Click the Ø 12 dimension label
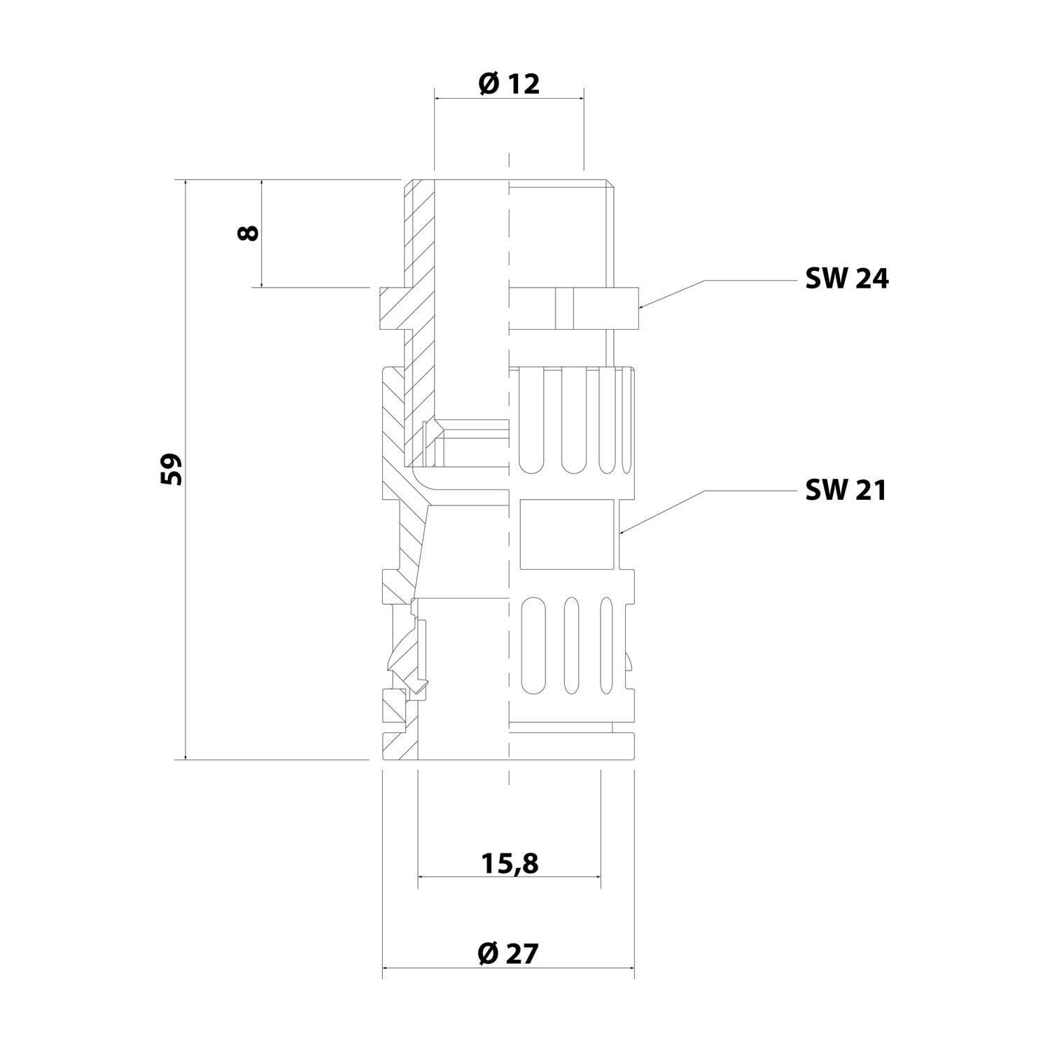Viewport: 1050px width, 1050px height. coord(509,84)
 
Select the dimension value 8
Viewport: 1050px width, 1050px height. coord(248,232)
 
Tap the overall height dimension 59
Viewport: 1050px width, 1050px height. coord(171,469)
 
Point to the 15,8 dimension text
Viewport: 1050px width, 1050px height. coord(510,864)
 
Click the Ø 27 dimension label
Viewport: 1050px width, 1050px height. coord(509,953)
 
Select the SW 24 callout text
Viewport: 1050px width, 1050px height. coord(846,279)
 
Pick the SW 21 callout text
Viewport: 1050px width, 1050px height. coord(846,490)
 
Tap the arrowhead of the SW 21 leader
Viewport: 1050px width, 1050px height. coord(622,533)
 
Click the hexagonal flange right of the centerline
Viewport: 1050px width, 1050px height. coord(574,308)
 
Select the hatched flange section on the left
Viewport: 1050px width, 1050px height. coord(392,308)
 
